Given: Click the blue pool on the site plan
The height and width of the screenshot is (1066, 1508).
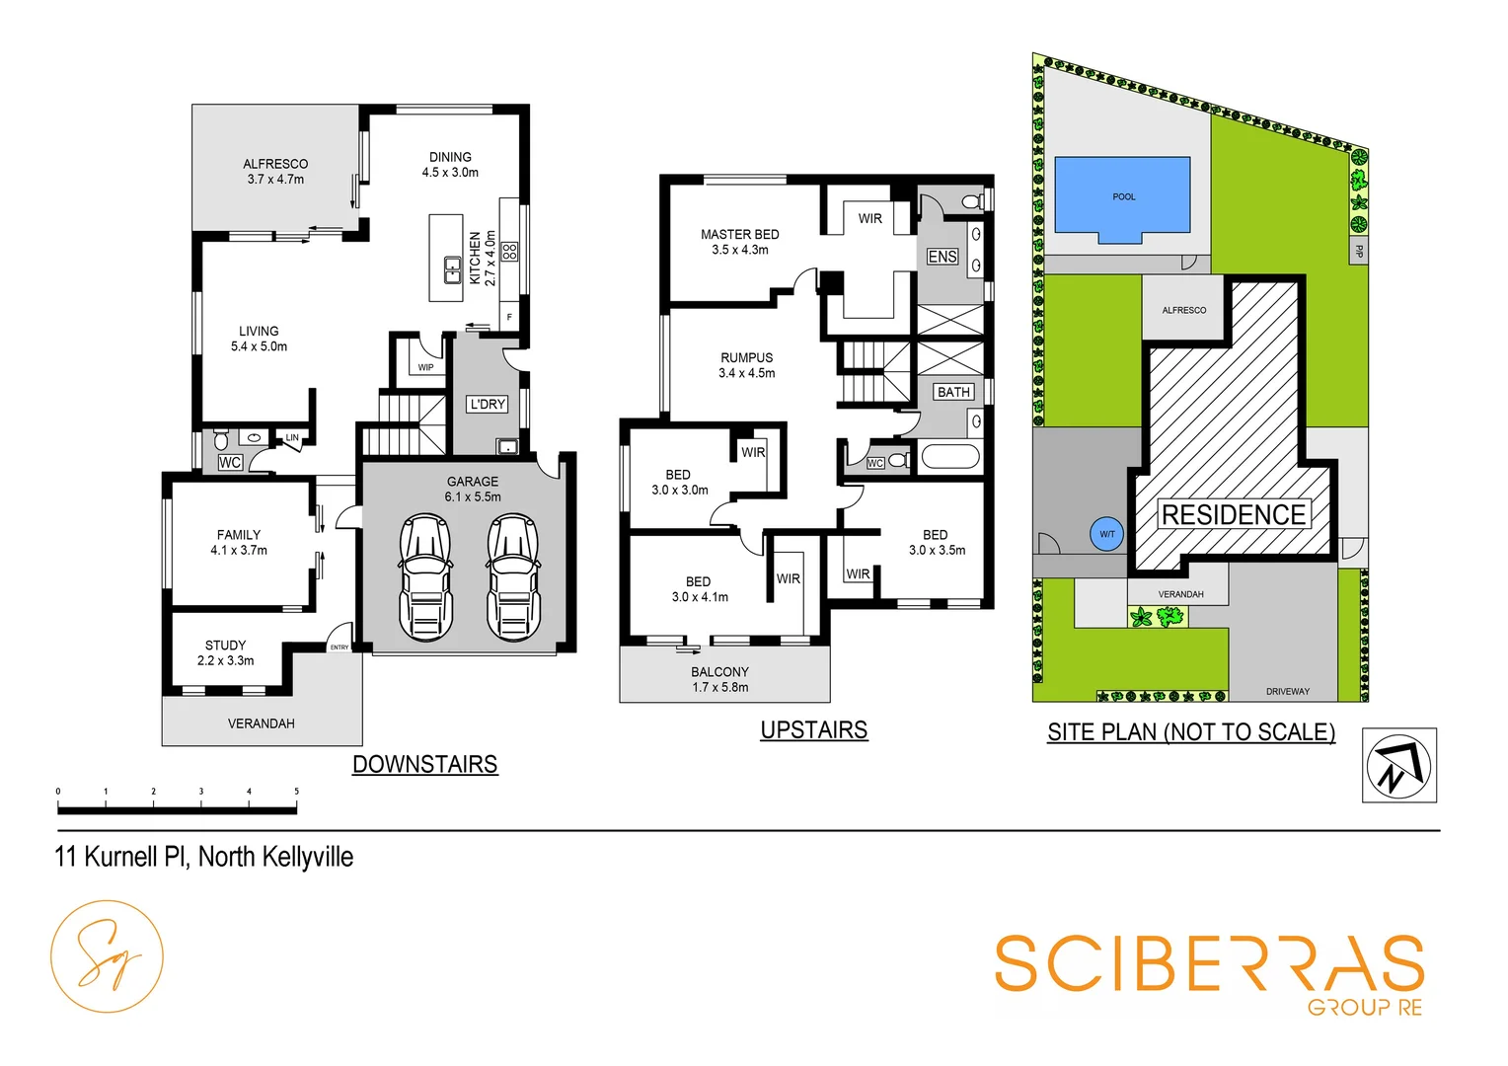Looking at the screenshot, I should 1122,197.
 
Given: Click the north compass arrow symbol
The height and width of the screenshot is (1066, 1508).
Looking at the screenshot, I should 1398,765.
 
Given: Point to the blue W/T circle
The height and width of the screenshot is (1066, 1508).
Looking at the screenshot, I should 1107,534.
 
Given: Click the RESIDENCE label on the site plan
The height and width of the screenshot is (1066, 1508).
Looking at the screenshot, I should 1233,515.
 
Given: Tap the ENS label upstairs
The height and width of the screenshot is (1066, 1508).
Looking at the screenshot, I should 942,257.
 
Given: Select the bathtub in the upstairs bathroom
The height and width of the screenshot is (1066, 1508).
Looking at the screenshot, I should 949,458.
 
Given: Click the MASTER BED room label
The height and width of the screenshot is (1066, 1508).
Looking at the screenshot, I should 739,235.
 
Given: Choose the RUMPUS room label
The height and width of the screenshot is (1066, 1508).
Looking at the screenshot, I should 746,358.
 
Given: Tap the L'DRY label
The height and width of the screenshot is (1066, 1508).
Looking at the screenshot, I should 487,404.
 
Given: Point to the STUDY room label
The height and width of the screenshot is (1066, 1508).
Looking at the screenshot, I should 225,646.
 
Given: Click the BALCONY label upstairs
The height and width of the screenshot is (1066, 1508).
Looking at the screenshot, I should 719,672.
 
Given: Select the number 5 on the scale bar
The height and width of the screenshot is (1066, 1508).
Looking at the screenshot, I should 296,792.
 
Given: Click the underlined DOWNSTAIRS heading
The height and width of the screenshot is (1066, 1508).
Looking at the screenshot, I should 424,764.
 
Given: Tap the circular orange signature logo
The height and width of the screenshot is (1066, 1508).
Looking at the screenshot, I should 107,956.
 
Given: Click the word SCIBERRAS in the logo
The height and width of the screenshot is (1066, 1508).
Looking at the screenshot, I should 1208,964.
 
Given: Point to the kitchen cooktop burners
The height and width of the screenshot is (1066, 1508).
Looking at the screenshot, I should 509,251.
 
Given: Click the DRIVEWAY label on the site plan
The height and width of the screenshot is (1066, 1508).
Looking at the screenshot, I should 1287,691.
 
